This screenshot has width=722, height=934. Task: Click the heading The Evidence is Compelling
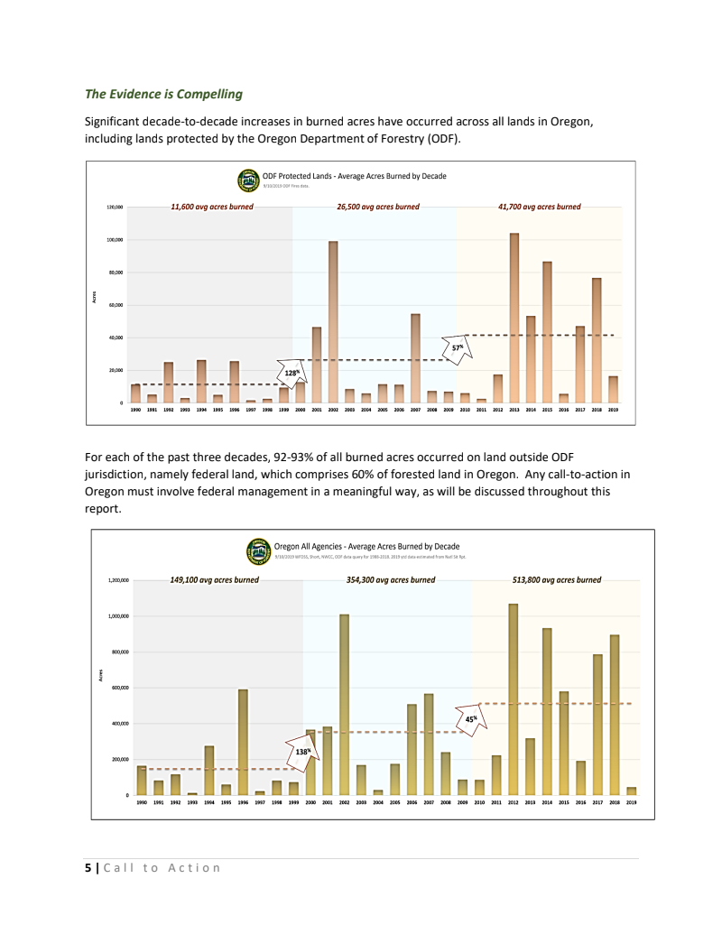tap(163, 93)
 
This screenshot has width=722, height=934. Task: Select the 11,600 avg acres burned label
tap(212, 207)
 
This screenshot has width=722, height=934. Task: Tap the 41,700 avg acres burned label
tap(539, 207)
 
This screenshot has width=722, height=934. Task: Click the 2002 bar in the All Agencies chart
tap(344, 704)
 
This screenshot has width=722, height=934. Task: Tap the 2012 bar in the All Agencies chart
tap(514, 699)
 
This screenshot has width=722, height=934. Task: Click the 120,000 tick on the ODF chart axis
tap(115, 208)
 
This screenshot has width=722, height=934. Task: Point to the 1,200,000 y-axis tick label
tap(118, 580)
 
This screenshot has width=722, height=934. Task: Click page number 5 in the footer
tap(88, 868)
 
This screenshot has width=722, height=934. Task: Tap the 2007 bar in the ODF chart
tap(415, 358)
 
